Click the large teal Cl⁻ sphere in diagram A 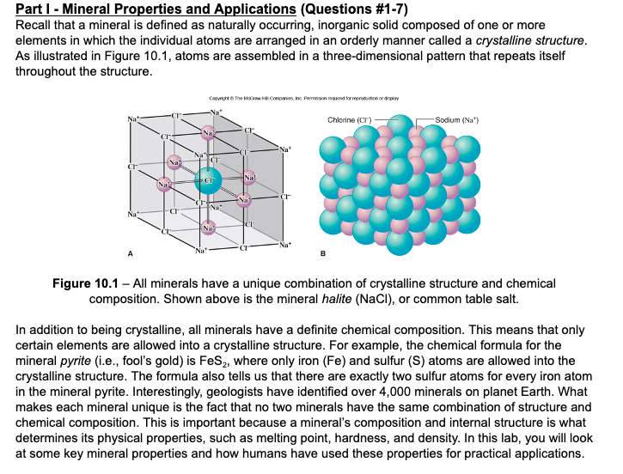tap(206, 179)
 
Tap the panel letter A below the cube tap(131, 253)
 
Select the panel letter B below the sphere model tap(323, 253)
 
